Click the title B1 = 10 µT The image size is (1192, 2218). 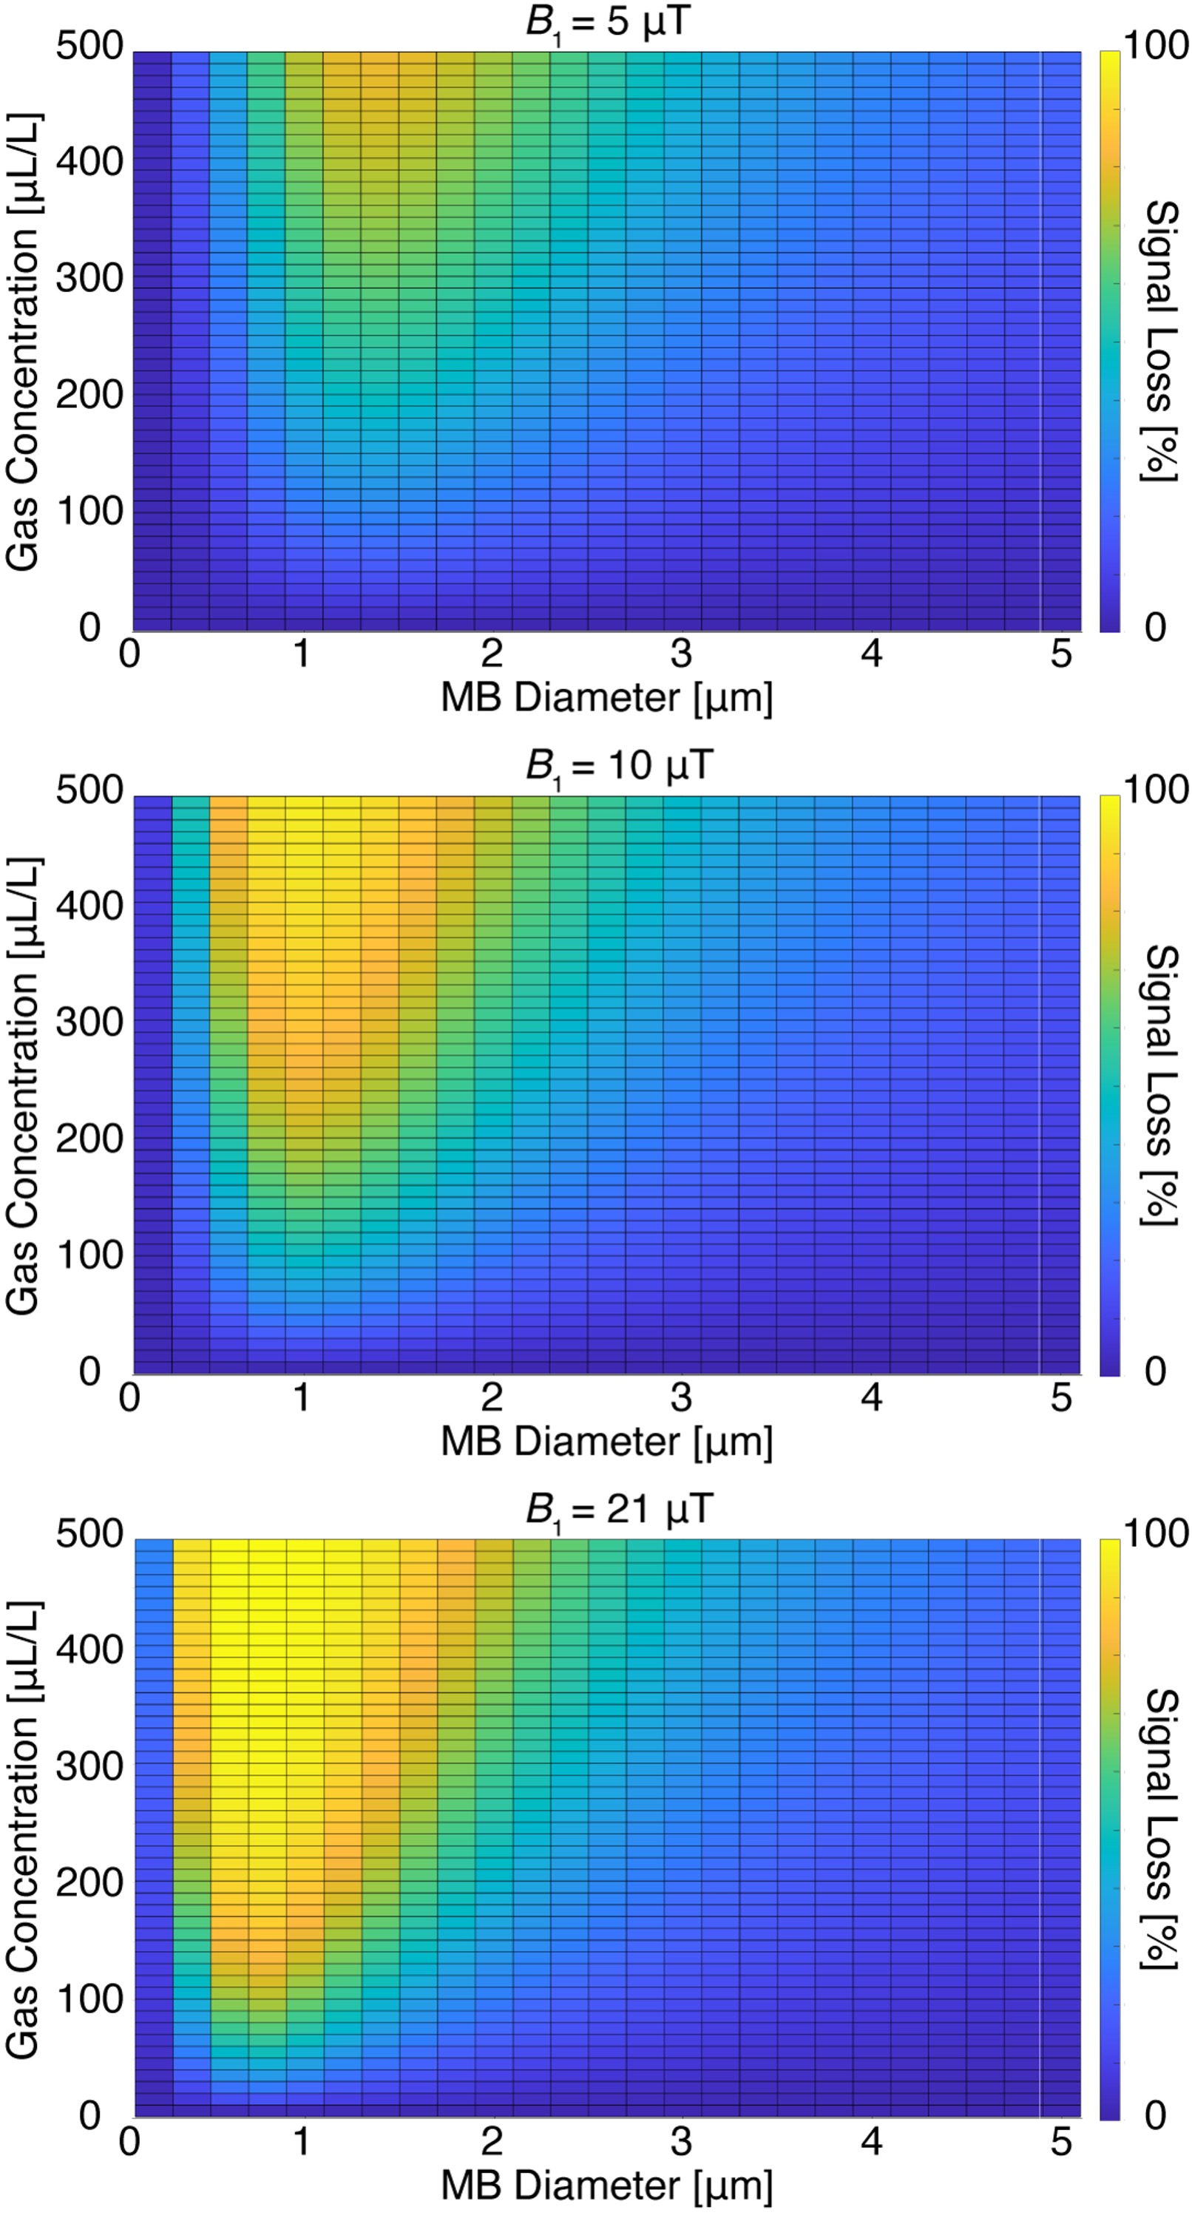(618, 764)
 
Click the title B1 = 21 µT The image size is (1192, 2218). (618, 1508)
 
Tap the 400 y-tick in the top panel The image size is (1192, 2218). (89, 161)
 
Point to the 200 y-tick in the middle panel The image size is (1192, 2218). (89, 1139)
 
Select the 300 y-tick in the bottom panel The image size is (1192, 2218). (89, 1766)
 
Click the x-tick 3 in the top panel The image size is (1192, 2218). (681, 654)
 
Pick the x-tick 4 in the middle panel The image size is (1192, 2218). (872, 1397)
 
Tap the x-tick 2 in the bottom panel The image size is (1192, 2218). (491, 2141)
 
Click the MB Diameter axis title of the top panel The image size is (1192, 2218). (606, 697)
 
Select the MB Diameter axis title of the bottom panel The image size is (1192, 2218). (606, 2185)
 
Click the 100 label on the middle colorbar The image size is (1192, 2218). (1156, 790)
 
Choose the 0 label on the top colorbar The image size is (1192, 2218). (1155, 627)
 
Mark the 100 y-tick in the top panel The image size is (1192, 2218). (89, 511)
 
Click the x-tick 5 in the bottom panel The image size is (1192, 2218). (1061, 2141)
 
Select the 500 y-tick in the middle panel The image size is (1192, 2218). (89, 790)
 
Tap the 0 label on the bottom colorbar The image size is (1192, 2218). (1155, 2114)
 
